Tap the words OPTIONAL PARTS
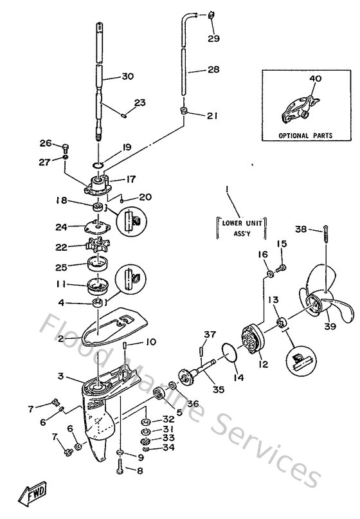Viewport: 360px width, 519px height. click(305, 136)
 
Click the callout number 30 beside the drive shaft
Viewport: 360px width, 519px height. click(127, 77)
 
